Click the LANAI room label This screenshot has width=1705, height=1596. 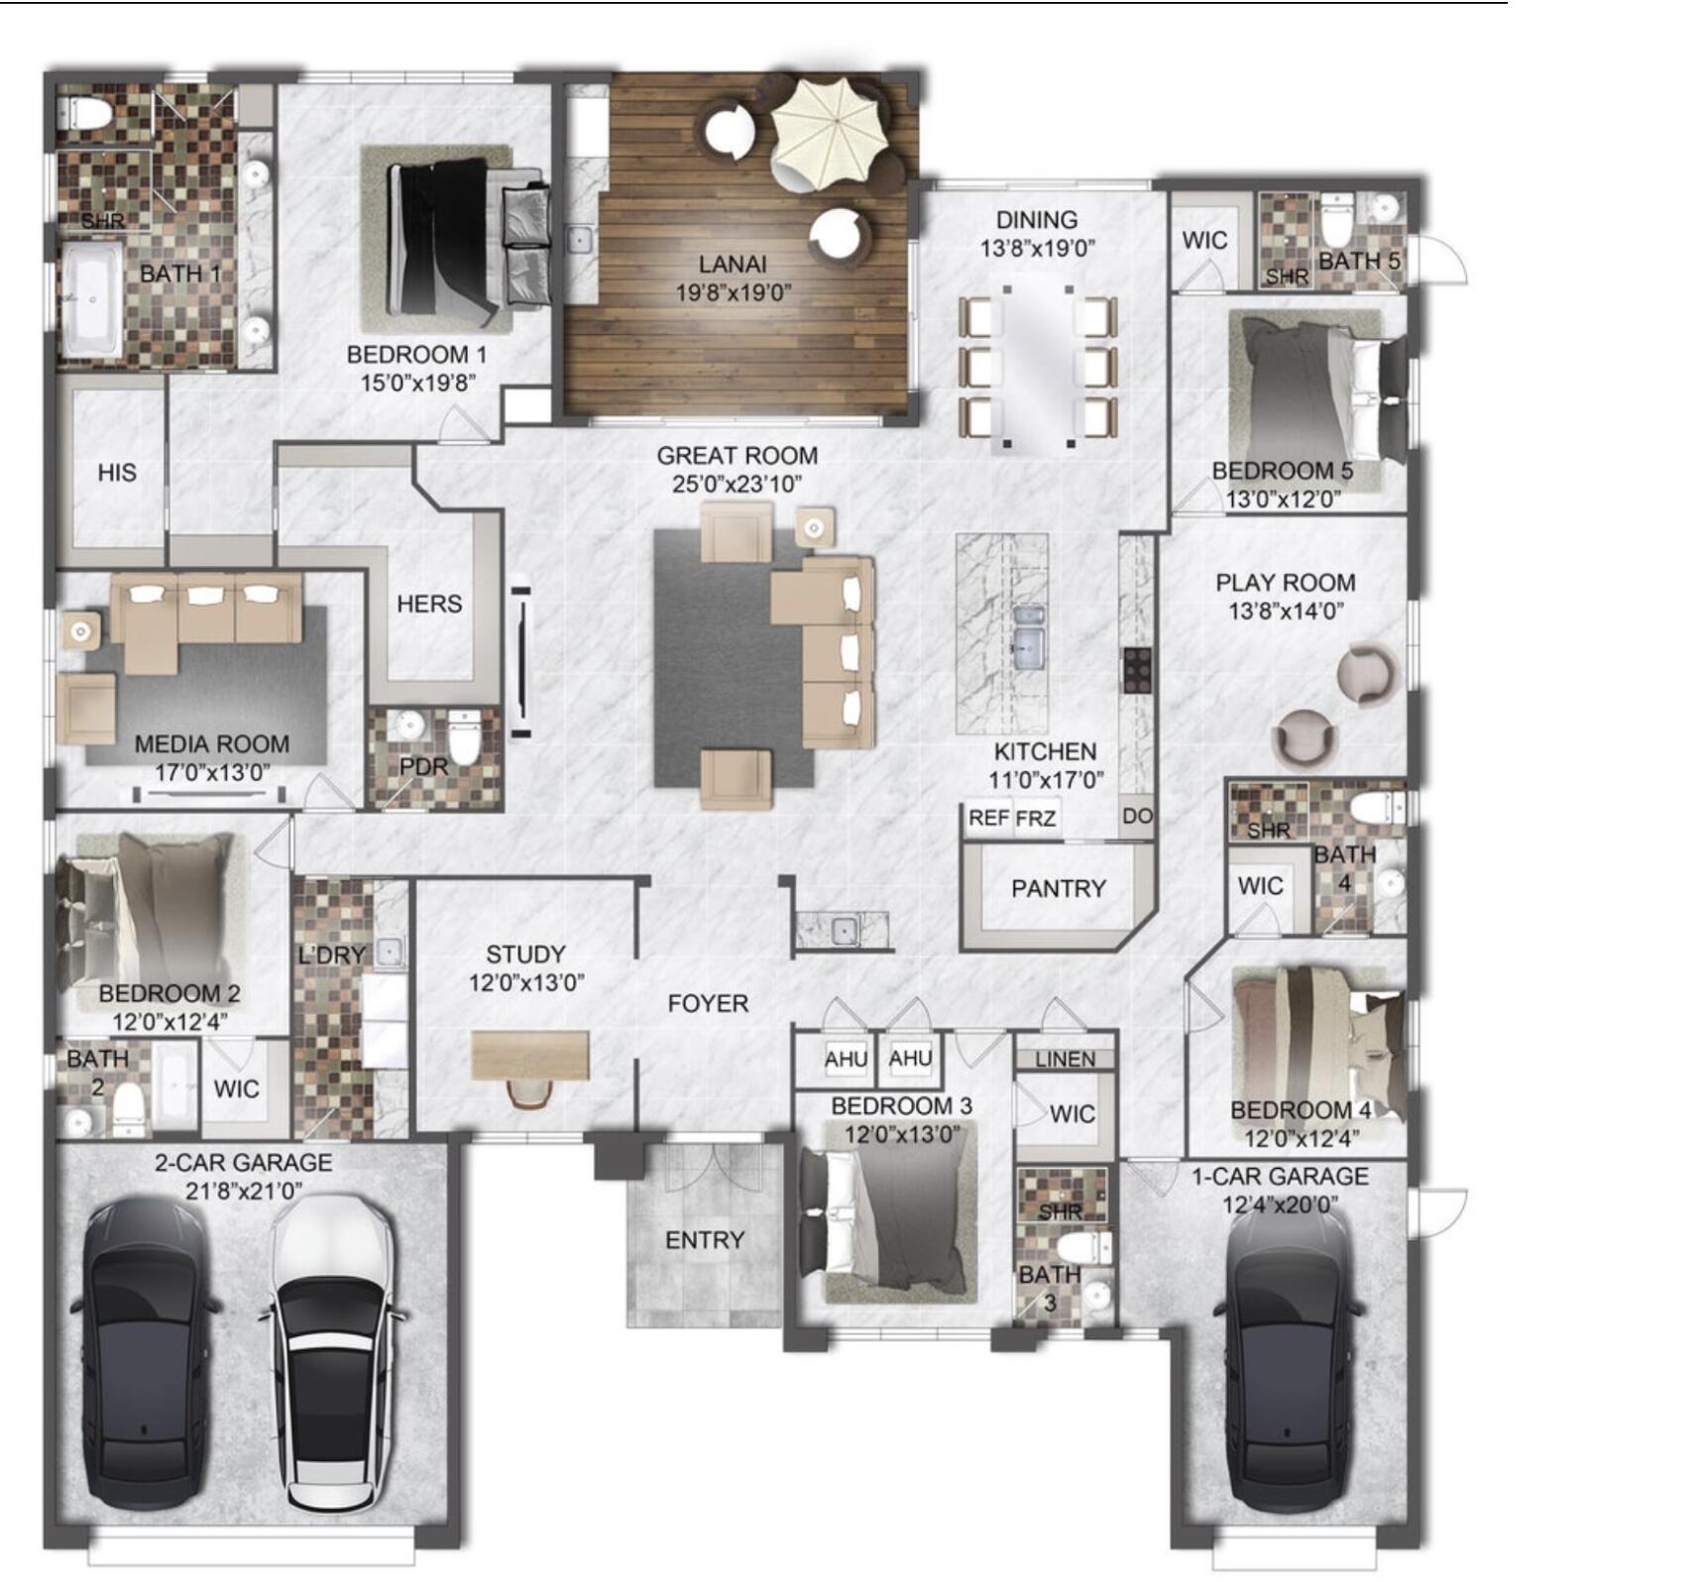coord(733,265)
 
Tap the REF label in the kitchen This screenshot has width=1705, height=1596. coord(988,818)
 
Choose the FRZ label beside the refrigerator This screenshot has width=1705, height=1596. coord(1035,819)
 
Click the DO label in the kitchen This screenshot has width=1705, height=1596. coord(1137,816)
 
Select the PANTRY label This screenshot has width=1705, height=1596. coord(1058,888)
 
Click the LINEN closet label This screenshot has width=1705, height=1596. coord(1066,1060)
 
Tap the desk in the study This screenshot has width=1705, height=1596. coord(530,1055)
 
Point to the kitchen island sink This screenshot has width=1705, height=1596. coord(1027,634)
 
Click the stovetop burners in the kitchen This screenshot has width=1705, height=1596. coord(1136,670)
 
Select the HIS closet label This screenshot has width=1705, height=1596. coord(117,473)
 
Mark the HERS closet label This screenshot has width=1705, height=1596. coord(429,604)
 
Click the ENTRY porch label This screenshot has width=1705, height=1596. coord(705,1240)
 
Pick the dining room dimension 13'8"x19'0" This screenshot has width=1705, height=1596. coord(1038,249)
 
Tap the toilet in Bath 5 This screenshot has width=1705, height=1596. coord(1336,219)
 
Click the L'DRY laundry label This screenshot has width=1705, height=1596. coord(332,955)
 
